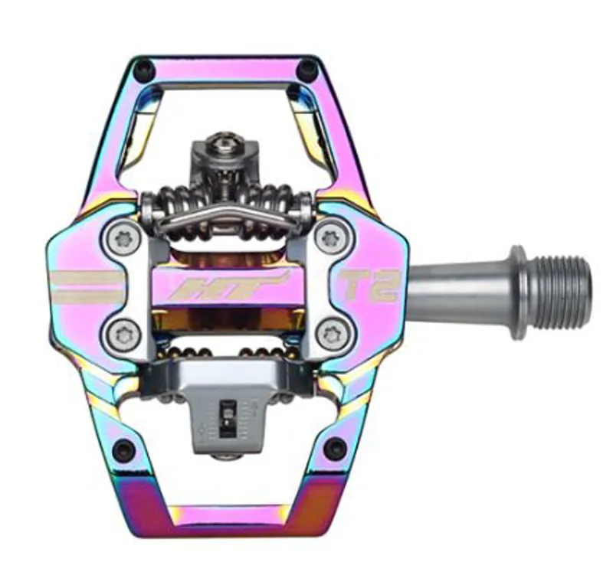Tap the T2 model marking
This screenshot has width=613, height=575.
[371, 285]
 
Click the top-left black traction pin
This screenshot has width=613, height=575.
[143, 70]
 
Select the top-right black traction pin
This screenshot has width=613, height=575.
[308, 70]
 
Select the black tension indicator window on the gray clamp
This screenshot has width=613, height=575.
[227, 413]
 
